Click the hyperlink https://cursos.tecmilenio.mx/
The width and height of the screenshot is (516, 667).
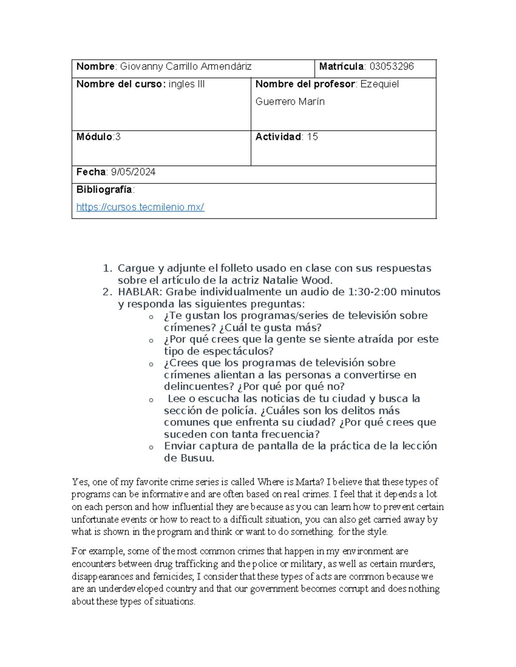point(140,207)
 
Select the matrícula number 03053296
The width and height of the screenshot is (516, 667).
point(391,67)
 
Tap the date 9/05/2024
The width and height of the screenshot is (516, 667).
point(133,172)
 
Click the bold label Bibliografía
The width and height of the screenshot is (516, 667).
point(104,189)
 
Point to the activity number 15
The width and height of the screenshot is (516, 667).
point(313,137)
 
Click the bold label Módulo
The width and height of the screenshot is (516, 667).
point(94,137)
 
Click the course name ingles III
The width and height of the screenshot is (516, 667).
point(186,84)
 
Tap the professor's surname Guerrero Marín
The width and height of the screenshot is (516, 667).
point(290,102)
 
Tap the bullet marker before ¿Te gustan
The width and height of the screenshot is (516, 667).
point(151,317)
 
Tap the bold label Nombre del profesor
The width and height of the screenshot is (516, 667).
point(305,84)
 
